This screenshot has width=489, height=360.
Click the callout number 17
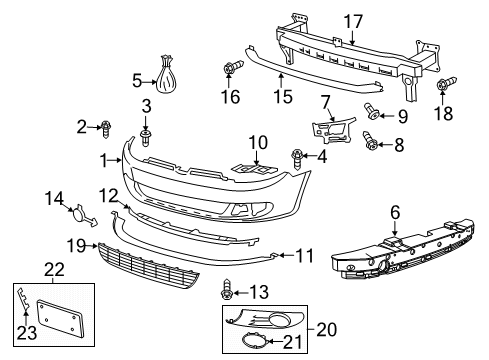tap(353, 21)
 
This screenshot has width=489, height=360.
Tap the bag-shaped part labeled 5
tap(166, 75)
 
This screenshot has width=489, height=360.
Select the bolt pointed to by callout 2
tap(106, 130)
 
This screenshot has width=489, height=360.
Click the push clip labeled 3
tap(146, 138)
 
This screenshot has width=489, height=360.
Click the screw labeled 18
tap(447, 84)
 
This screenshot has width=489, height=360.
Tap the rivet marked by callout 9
tap(372, 111)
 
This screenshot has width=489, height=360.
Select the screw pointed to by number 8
tap(371, 141)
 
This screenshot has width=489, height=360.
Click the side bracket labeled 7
tap(334, 130)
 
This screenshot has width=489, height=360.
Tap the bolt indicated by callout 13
tap(226, 289)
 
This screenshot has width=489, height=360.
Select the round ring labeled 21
tap(253, 341)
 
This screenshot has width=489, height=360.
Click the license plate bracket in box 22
tap(60, 318)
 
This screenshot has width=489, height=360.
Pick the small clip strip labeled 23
tap(23, 299)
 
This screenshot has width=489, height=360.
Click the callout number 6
tap(395, 212)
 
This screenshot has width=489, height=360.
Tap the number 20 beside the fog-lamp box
tap(327, 329)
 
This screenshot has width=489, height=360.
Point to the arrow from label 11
tap(287, 256)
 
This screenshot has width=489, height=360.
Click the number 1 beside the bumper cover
tap(104, 161)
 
